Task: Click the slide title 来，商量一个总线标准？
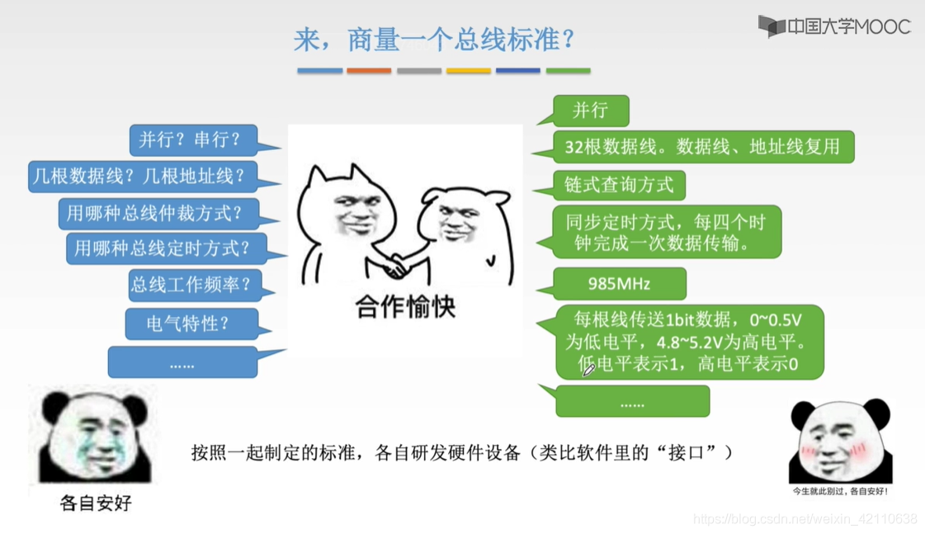click(434, 40)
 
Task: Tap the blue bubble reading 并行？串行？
click(193, 139)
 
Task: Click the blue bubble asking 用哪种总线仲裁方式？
click(158, 213)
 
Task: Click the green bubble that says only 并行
click(591, 111)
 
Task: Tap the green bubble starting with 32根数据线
click(703, 146)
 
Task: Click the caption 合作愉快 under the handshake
click(405, 307)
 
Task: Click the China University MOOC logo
click(834, 26)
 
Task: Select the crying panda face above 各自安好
click(94, 436)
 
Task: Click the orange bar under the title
click(369, 71)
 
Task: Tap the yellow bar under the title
click(469, 71)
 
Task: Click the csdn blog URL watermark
click(805, 518)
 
